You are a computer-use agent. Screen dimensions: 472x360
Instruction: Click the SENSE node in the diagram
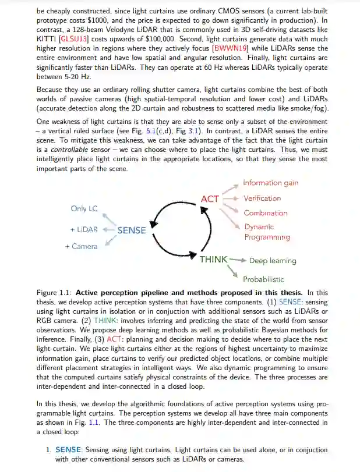[x=132, y=230]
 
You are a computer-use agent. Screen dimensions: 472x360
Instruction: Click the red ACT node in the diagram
[x=210, y=199]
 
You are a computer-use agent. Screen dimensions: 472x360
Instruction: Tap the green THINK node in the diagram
[x=213, y=260]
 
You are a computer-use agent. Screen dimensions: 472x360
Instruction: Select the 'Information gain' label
[x=270, y=183]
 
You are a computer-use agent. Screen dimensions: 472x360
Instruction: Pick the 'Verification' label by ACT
[x=262, y=198]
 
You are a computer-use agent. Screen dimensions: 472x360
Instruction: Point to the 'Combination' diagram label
[x=265, y=213]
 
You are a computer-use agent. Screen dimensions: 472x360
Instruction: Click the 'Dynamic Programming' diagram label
[x=267, y=232]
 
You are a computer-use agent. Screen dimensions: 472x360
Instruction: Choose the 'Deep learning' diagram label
[x=273, y=261]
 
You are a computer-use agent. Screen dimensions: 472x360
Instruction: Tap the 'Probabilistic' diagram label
[x=263, y=279]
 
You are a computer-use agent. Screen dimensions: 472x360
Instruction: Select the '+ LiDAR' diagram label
[x=84, y=230]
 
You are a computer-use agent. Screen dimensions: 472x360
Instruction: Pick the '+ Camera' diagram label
[x=81, y=246]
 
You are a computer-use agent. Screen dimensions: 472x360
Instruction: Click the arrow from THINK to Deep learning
[x=238, y=260]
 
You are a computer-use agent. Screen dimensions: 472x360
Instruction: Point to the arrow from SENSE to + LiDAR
[x=109, y=230]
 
